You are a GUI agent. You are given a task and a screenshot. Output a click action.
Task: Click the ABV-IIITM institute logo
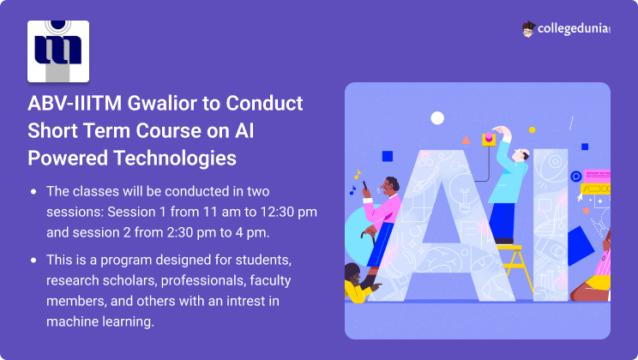[x=58, y=51]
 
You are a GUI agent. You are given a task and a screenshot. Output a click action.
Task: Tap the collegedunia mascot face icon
[x=528, y=29]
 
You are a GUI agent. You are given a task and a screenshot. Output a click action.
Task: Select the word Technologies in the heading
[x=175, y=158]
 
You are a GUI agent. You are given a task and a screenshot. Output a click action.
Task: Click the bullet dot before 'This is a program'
[x=33, y=260]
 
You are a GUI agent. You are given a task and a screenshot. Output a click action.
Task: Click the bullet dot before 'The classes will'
[x=33, y=191]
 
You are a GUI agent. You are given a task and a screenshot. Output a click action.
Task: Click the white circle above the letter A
[x=437, y=118]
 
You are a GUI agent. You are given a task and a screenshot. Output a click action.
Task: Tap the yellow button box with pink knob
[x=489, y=139]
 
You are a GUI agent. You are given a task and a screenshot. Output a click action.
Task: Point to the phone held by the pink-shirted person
[x=364, y=186]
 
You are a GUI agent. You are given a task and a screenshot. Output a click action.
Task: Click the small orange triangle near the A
[x=466, y=141]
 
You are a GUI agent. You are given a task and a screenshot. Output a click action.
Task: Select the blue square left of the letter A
[x=388, y=156]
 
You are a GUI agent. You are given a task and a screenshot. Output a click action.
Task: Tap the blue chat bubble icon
[x=575, y=177]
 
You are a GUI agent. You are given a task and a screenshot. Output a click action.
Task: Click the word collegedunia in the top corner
[x=574, y=28]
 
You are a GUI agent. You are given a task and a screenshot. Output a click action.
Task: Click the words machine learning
[x=100, y=321]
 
